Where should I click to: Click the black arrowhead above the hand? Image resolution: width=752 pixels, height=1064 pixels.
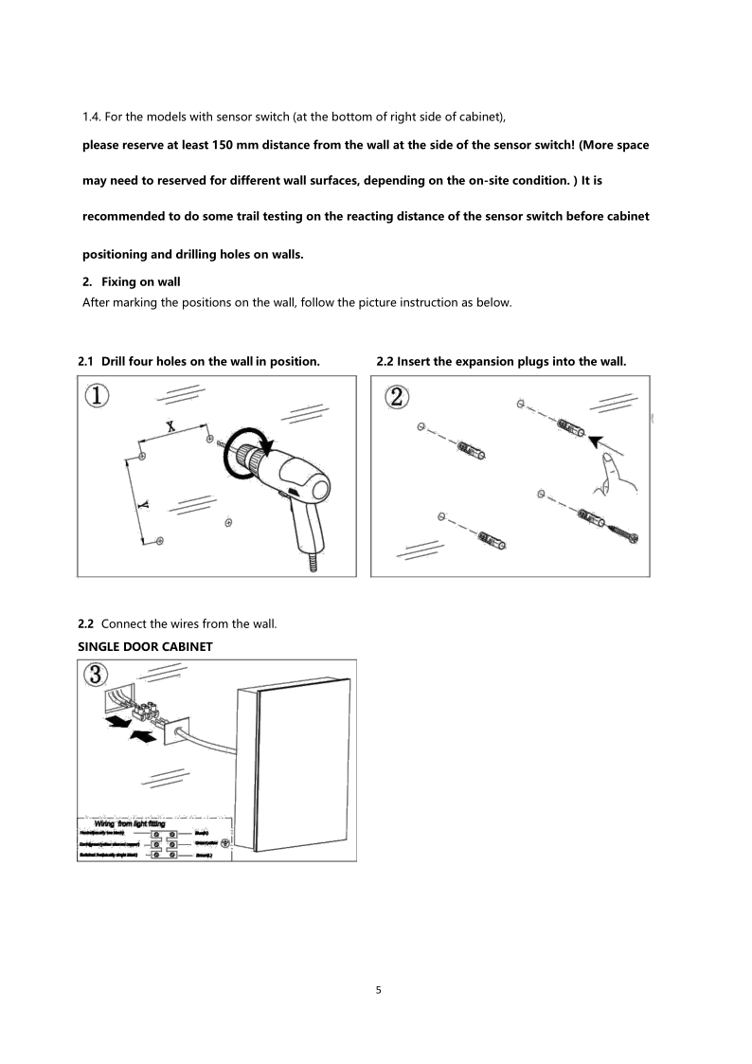596,439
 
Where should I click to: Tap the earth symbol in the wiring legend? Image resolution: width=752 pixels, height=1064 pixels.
224,841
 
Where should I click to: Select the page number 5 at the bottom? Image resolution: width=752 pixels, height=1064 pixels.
379,991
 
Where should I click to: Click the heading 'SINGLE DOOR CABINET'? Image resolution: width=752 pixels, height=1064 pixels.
145,645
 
